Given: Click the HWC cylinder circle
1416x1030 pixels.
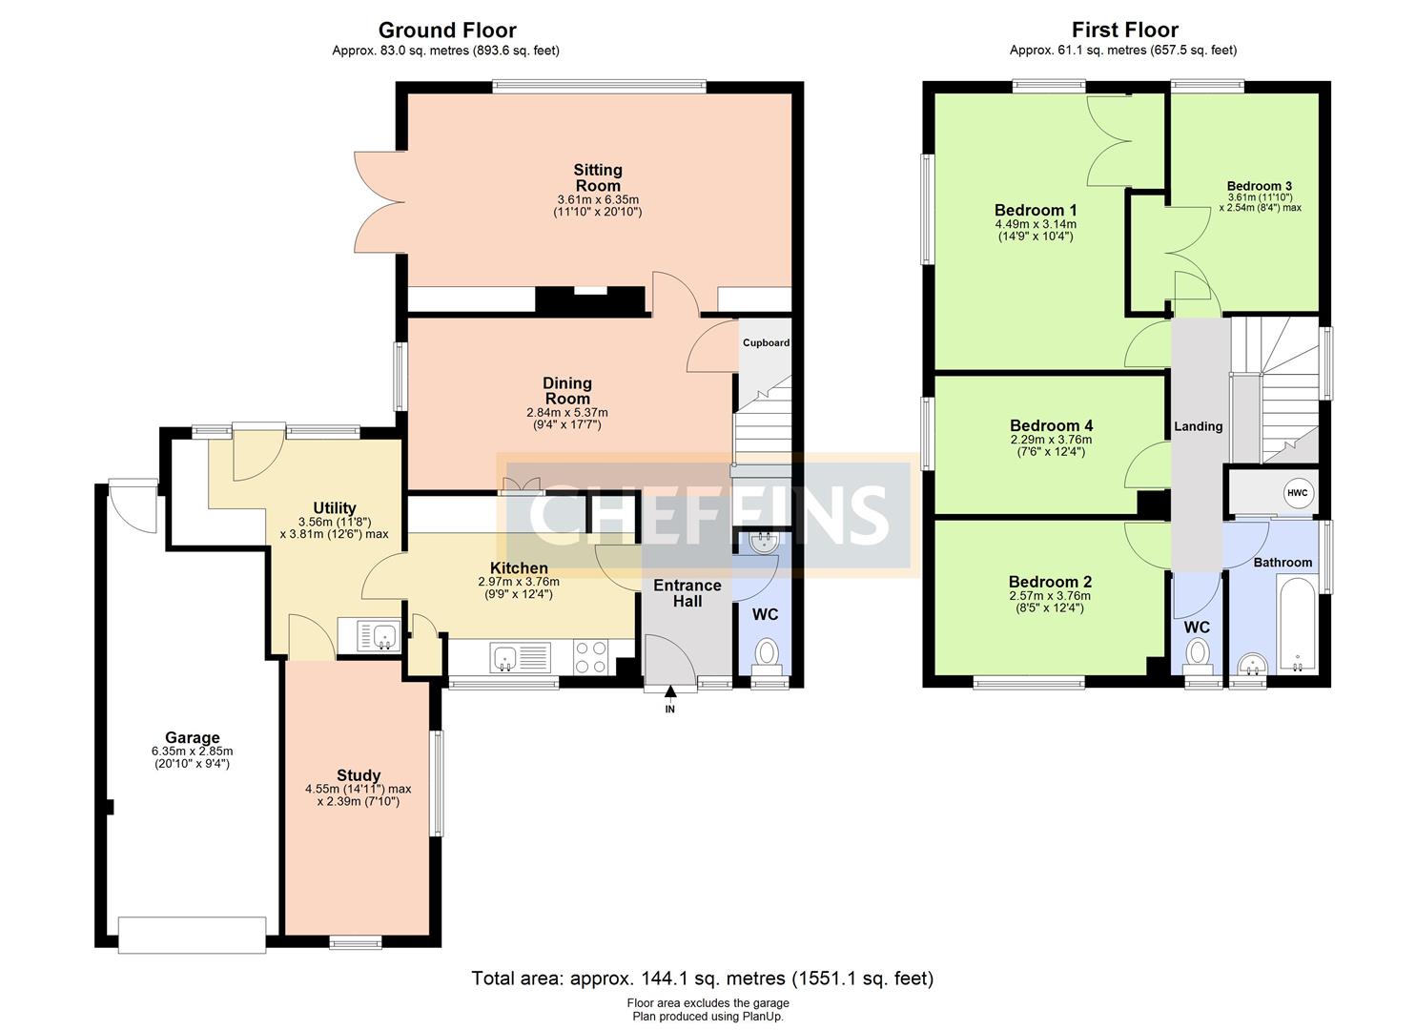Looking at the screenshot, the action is (1297, 493).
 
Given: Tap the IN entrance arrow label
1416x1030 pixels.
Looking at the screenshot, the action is (670, 710).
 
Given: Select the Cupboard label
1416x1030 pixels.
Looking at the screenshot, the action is (766, 342).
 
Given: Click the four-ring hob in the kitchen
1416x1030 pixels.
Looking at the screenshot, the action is (591, 657).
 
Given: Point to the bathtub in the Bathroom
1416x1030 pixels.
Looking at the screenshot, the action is (1298, 624).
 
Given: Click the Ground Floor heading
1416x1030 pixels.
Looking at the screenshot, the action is (447, 31).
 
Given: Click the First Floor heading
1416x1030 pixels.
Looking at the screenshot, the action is (1125, 31).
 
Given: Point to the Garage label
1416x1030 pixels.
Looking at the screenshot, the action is (193, 737).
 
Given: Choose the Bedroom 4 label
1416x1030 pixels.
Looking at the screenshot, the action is (1051, 425).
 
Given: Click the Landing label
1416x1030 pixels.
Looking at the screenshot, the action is (1198, 427).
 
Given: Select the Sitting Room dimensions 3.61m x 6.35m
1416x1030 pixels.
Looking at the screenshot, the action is (598, 200).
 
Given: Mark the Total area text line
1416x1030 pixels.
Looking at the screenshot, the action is (703, 978).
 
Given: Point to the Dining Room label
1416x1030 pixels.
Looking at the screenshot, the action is (567, 391).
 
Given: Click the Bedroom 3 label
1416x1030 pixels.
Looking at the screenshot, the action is (1260, 186).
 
